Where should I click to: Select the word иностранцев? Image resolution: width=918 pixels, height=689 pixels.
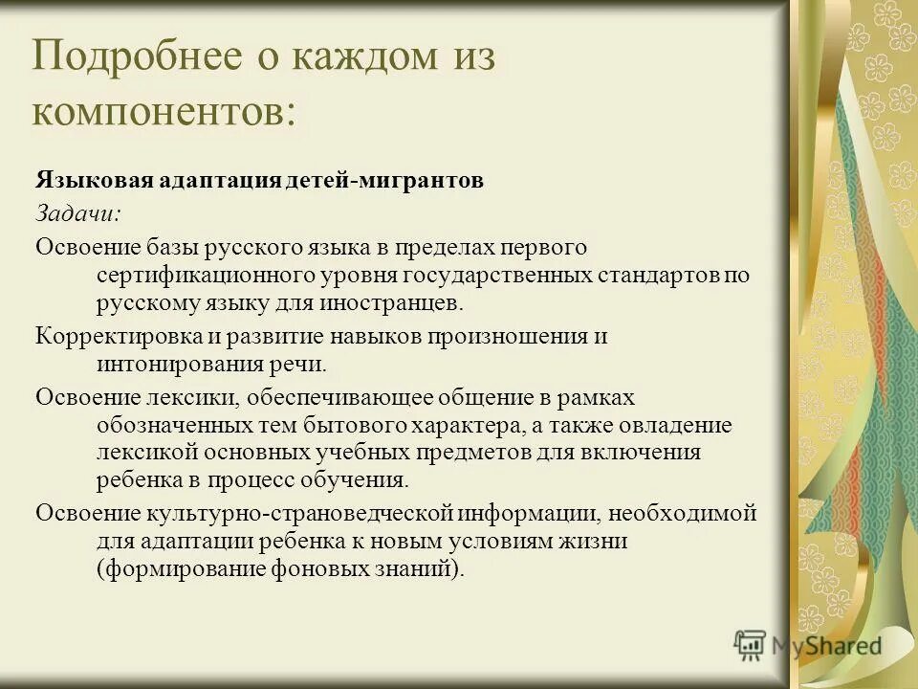(390, 304)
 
